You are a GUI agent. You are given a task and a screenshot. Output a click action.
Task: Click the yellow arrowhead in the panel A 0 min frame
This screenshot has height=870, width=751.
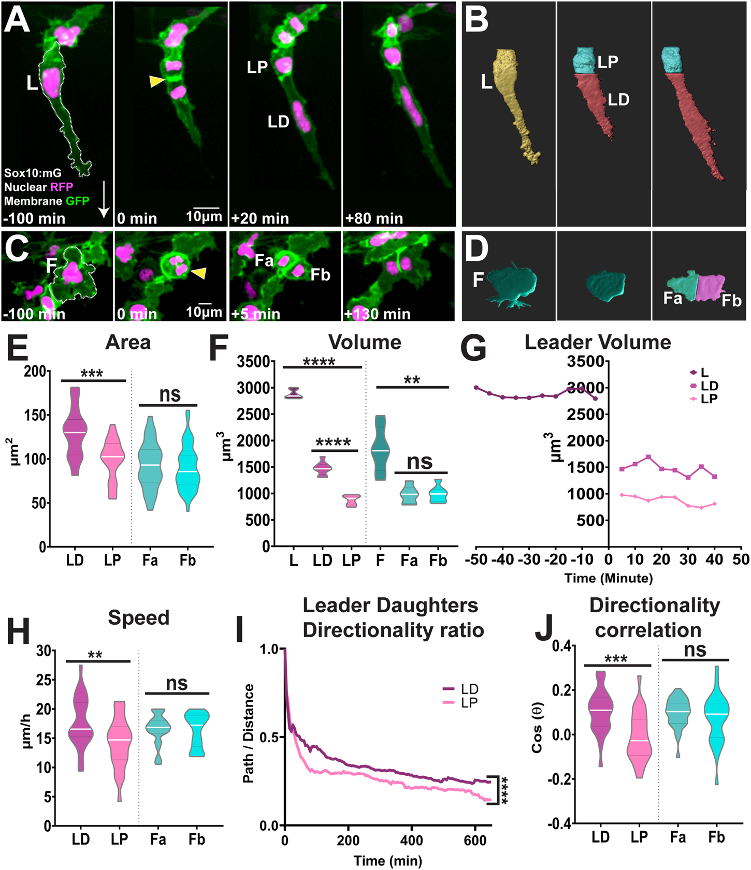click(157, 81)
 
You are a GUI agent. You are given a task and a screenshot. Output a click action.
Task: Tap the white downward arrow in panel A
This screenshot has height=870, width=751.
click(104, 199)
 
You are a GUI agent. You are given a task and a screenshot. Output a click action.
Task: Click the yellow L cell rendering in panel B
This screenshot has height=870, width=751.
click(515, 104)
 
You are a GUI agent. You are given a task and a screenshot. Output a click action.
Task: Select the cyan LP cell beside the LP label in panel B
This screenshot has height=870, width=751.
click(585, 62)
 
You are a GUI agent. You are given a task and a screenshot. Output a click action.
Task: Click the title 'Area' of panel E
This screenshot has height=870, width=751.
click(127, 343)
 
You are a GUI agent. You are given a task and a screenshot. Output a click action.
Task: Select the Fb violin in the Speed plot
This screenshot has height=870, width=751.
click(197, 732)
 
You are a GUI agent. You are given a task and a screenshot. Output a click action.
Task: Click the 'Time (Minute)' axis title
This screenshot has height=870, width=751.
click(609, 578)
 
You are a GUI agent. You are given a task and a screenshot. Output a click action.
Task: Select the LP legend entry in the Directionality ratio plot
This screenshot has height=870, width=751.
click(461, 703)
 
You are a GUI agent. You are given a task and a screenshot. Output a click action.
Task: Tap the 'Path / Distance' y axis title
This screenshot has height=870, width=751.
click(249, 733)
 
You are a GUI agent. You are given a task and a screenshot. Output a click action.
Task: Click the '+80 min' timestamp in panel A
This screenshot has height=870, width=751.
click(374, 218)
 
